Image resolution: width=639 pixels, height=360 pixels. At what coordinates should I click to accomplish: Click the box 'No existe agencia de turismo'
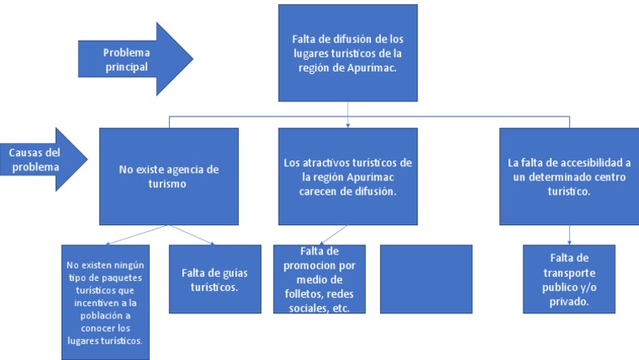point(169,175)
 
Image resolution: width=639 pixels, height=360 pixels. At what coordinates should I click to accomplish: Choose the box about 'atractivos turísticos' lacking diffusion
point(347,175)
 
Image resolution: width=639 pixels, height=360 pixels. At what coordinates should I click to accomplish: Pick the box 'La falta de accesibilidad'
point(557,175)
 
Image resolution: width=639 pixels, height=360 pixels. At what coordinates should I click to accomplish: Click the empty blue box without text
point(425,279)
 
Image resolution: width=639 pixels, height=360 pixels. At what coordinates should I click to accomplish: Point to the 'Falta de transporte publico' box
point(570,279)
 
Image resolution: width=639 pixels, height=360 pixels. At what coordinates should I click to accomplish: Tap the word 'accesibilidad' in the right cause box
point(589,162)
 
